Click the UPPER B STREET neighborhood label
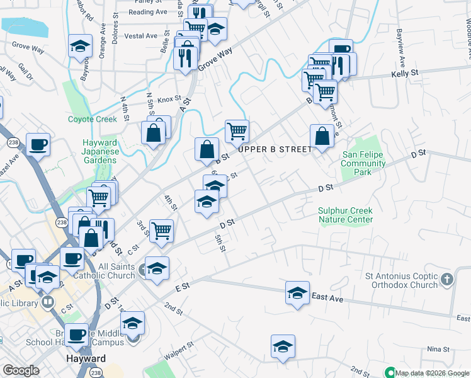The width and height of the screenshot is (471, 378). [275, 149]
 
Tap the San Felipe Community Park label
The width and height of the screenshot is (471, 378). [363, 164]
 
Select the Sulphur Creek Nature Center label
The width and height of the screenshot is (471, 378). [346, 215]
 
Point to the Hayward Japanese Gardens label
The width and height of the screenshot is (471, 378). [100, 151]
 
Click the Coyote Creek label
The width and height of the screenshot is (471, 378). [93, 119]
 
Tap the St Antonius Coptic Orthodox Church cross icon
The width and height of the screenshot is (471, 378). [446, 278]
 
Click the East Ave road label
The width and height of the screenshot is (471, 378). [327, 298]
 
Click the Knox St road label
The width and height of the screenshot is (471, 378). [169, 99]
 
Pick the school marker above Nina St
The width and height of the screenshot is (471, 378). [283, 346]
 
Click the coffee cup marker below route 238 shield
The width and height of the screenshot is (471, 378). [38, 144]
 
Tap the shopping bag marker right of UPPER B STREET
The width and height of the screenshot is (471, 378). [322, 136]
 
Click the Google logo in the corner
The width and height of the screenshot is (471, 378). [20, 370]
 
